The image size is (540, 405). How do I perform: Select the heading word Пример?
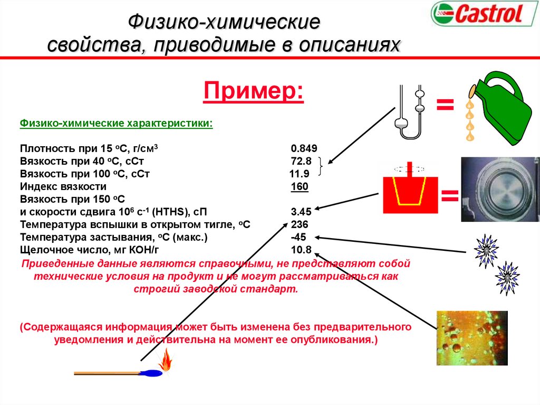(254, 91)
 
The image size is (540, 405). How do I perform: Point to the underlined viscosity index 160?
(300, 186)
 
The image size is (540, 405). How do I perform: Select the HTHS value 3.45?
(301, 212)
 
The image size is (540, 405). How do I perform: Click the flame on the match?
(166, 361)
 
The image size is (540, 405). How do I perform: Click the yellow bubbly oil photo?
(471, 338)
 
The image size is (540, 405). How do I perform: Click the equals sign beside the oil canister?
(445, 104)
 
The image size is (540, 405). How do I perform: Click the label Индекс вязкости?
(63, 186)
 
